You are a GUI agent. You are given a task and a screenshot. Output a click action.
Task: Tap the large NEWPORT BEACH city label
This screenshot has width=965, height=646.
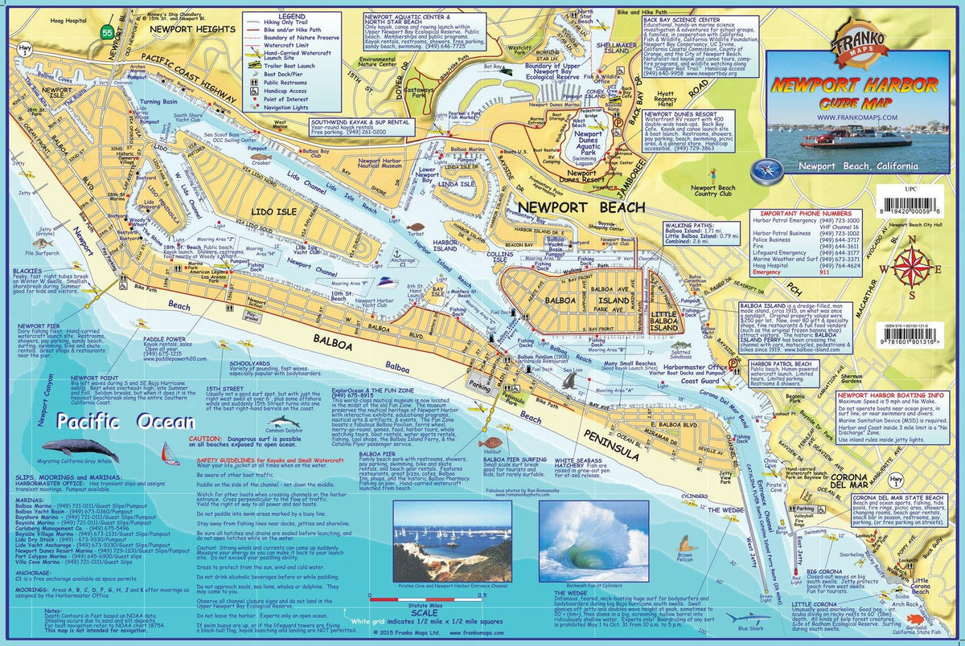[x=581, y=206]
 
